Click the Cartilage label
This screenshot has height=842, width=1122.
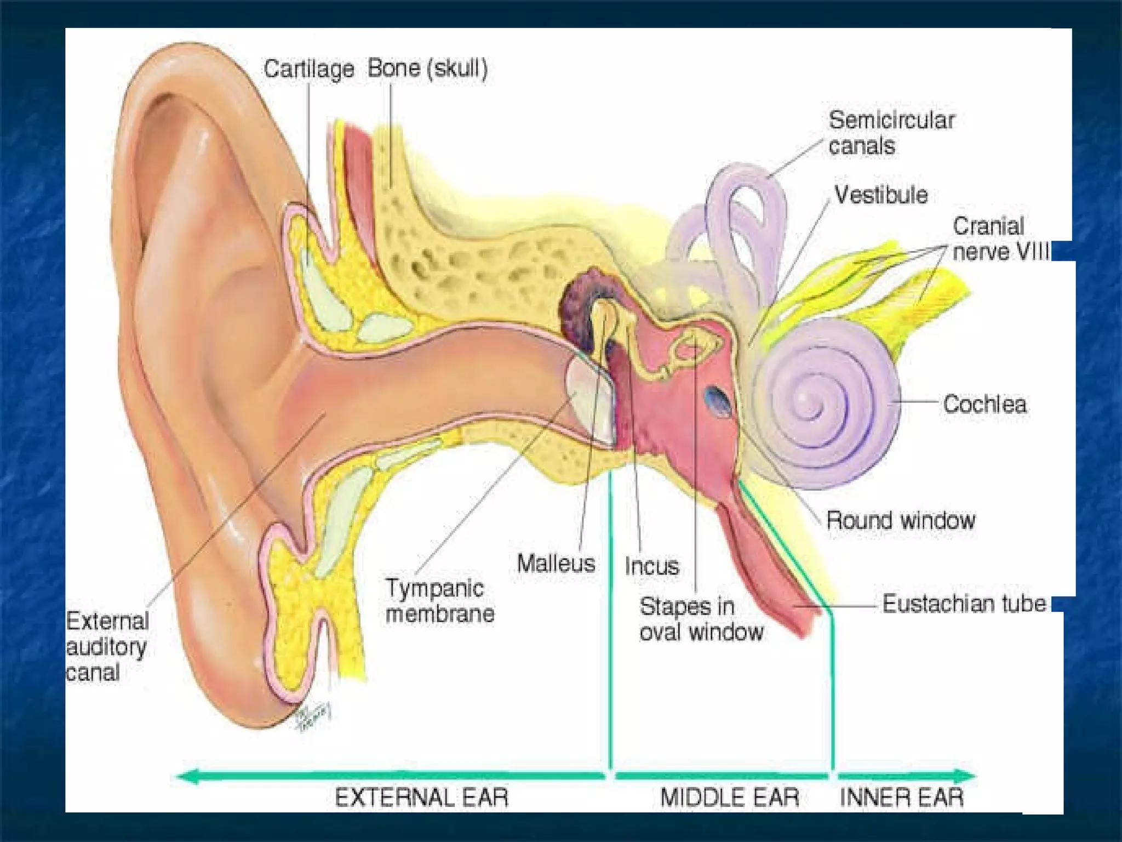point(308,69)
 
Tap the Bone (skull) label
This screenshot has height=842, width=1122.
point(427,69)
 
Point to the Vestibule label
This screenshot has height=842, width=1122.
point(881,195)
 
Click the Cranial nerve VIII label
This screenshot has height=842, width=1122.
point(1000,239)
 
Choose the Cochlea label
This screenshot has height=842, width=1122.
point(984,405)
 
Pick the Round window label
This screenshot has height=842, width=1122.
point(901,520)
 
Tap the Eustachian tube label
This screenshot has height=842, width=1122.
point(964,604)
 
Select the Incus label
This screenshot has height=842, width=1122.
point(652,566)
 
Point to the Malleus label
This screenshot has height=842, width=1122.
point(556,564)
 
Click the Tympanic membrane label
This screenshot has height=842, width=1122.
point(440,601)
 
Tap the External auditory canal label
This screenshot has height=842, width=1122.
point(107,647)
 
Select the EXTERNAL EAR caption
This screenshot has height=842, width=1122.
point(422,797)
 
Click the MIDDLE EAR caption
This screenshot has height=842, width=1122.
point(729,797)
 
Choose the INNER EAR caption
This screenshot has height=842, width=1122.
point(901,797)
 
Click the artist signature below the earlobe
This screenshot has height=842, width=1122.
point(313,715)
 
